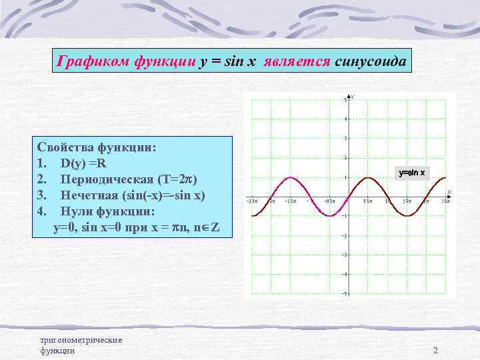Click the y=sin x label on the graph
point(411,173)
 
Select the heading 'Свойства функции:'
point(97,147)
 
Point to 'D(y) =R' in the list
point(85,163)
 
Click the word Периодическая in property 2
point(107,179)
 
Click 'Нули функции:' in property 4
point(107,211)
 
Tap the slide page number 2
point(435,351)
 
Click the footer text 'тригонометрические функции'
point(81,345)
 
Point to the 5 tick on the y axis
point(345,100)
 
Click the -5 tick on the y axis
point(345,293)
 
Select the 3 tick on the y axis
point(345,139)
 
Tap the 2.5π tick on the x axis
point(442,201)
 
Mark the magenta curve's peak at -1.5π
point(290,177)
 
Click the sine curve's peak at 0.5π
point(367,177)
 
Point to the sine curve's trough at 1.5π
point(405,215)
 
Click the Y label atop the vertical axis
point(353,97)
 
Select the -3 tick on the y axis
point(345,255)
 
